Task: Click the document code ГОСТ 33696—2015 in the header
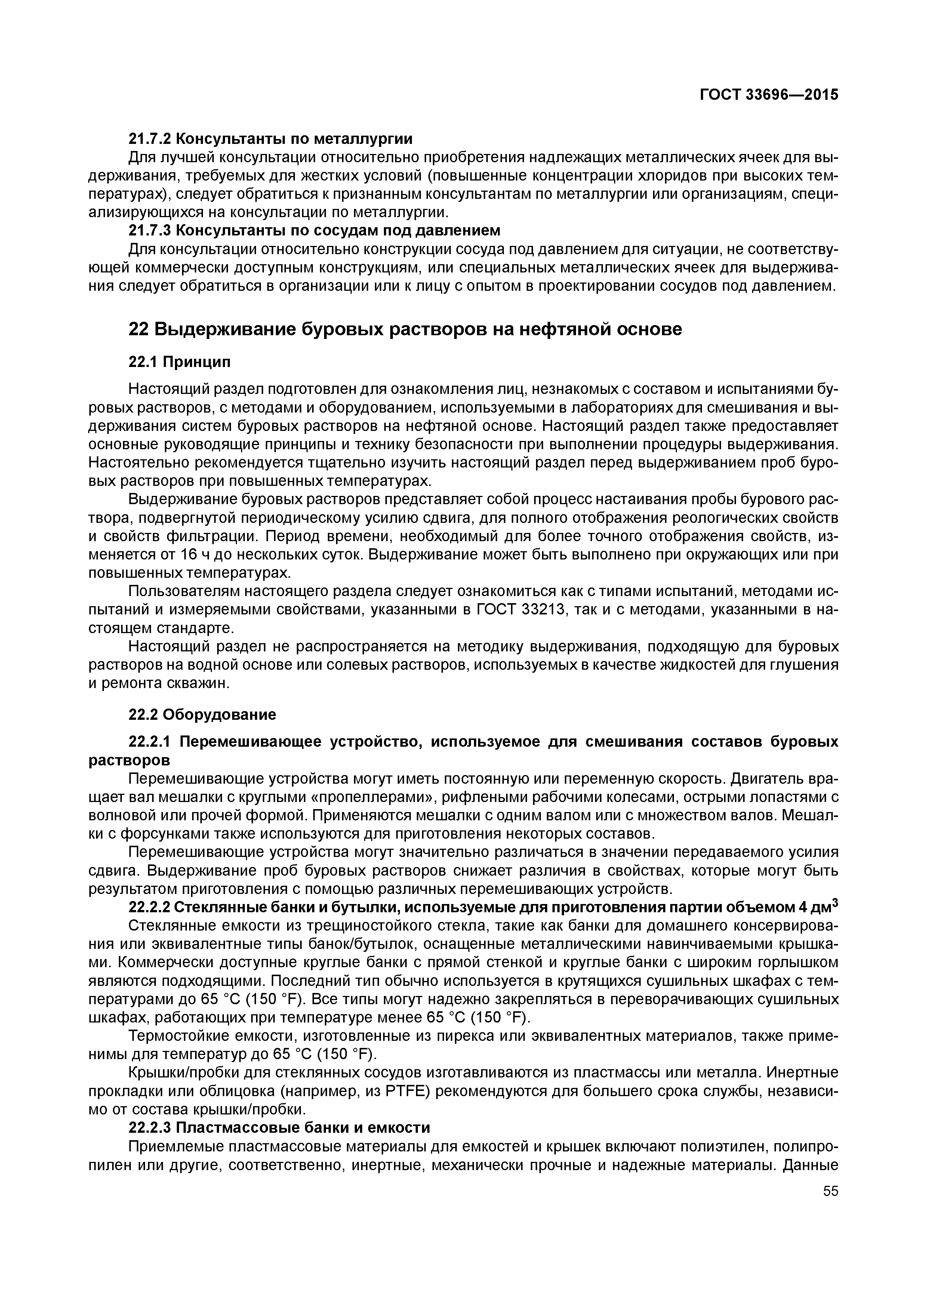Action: click(769, 95)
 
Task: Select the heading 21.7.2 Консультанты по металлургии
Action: click(270, 138)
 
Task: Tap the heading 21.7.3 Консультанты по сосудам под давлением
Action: click(314, 230)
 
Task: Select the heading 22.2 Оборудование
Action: click(202, 714)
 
